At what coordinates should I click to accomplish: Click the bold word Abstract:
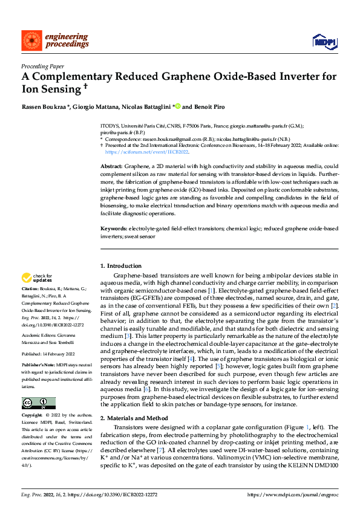click(x=111, y=166)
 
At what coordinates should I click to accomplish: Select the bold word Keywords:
click(x=114, y=229)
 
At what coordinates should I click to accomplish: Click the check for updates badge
click(x=37, y=279)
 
